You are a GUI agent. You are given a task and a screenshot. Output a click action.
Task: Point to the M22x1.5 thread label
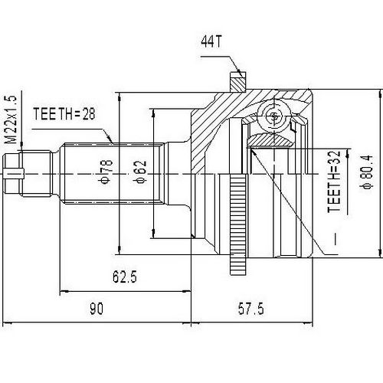point(10,122)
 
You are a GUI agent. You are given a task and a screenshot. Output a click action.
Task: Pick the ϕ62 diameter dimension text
point(140,172)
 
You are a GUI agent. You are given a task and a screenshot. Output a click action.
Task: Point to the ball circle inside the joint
point(273,118)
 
